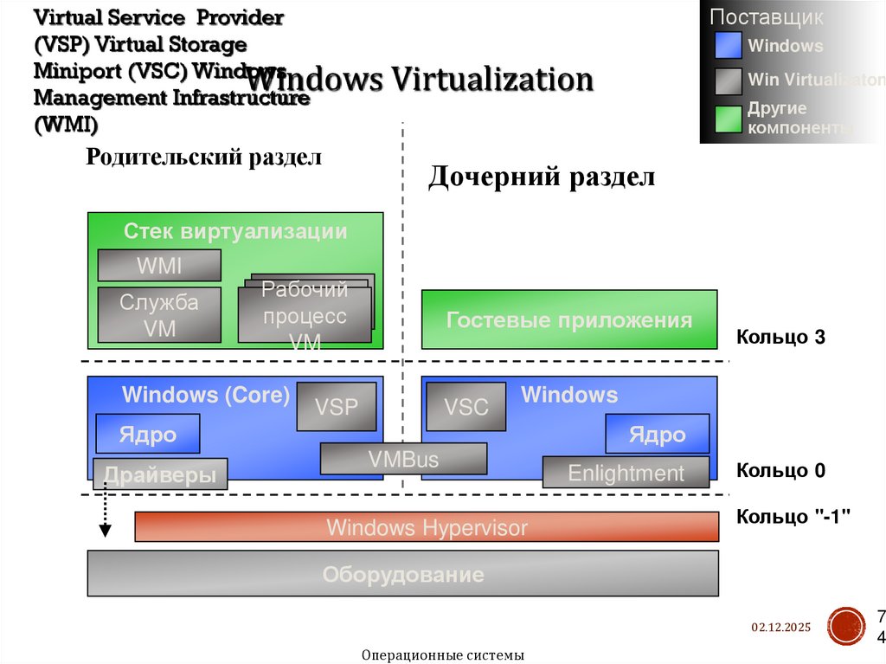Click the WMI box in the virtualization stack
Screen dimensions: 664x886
(x=159, y=265)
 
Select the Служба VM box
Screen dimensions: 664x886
(x=159, y=315)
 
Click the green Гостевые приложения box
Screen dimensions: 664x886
(x=569, y=319)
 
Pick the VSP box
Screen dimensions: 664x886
(x=337, y=406)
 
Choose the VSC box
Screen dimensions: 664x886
(x=466, y=406)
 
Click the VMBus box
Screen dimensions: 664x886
(x=403, y=459)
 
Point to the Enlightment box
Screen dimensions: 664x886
(x=626, y=473)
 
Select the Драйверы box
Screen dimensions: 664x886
(x=160, y=474)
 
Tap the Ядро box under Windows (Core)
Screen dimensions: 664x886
(x=148, y=434)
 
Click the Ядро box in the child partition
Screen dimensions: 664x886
(x=658, y=434)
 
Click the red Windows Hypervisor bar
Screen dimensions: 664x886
(x=427, y=527)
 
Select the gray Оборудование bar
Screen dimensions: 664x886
(x=403, y=574)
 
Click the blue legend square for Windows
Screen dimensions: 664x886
(x=729, y=45)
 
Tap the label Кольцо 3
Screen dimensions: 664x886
(x=780, y=337)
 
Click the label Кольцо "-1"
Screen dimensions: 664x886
(x=793, y=517)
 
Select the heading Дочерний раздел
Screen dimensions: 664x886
(x=542, y=177)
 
